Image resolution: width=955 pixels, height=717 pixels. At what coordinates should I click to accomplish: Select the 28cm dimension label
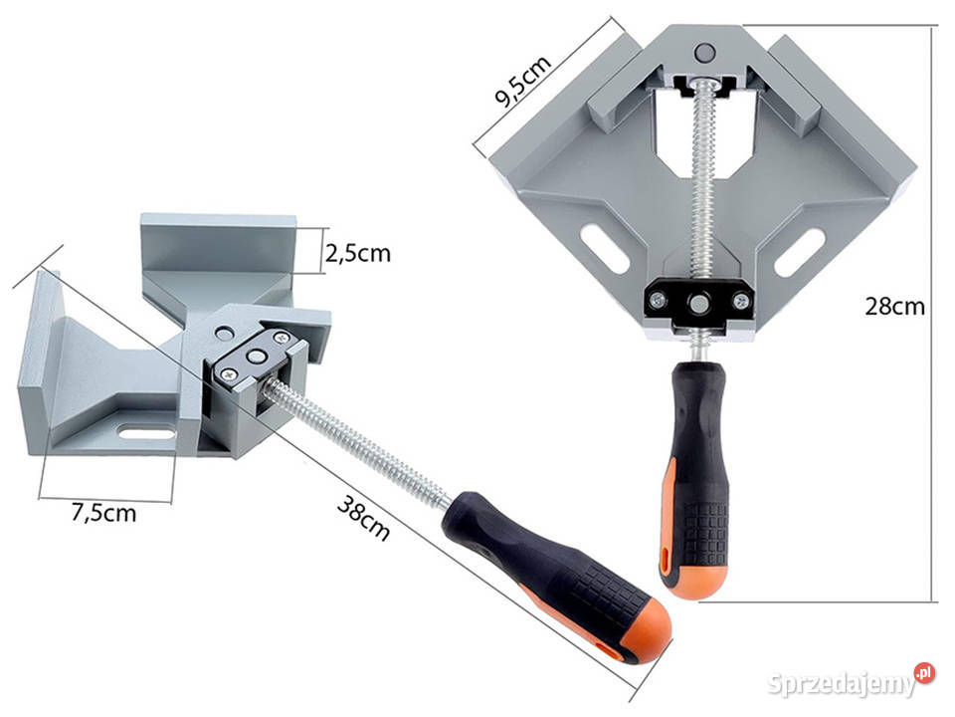pyautogui.click(x=894, y=306)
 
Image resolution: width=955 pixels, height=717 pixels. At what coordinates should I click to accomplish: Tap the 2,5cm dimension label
pyautogui.click(x=357, y=253)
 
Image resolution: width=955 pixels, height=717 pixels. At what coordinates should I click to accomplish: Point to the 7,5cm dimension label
pyautogui.click(x=103, y=513)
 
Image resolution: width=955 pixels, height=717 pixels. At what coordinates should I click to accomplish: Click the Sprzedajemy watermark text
pyautogui.click(x=842, y=684)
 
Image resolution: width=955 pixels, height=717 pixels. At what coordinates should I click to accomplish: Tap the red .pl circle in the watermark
pyautogui.click(x=924, y=672)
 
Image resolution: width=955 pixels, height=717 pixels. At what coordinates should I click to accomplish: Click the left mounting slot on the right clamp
pyautogui.click(x=605, y=248)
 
